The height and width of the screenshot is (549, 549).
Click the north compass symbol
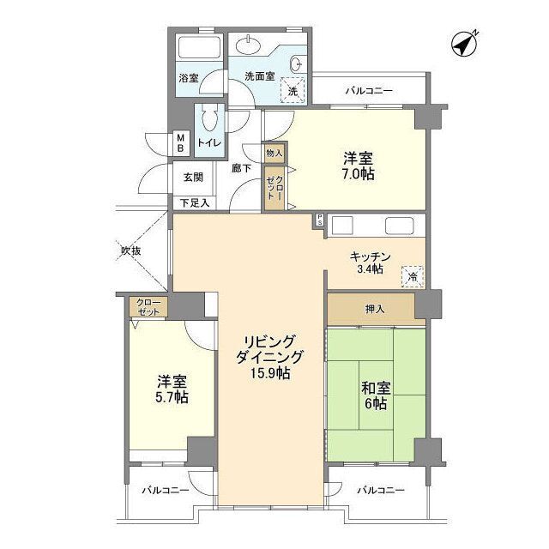[464, 44]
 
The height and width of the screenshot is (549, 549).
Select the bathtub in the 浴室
[199, 48]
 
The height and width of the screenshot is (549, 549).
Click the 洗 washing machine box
[293, 90]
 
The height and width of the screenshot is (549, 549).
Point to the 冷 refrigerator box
[413, 276]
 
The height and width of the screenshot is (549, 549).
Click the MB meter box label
[181, 142]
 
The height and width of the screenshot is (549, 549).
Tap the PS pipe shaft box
[319, 220]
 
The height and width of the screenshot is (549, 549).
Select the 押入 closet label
[375, 309]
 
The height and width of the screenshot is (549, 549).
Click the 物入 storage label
[274, 153]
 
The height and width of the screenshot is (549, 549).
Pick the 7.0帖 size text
[358, 174]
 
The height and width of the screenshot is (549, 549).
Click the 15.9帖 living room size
[270, 374]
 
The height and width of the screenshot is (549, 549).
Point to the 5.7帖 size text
[172, 397]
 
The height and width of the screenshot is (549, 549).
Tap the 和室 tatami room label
[376, 388]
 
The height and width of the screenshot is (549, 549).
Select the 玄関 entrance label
[193, 177]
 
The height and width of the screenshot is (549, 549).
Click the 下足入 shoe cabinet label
[195, 202]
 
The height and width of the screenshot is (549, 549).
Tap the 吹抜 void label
[131, 250]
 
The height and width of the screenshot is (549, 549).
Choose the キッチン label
[370, 256]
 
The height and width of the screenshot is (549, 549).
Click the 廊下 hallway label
[242, 168]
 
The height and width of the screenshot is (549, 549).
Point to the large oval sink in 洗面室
[248, 45]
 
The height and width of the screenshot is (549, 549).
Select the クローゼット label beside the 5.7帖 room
[148, 307]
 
